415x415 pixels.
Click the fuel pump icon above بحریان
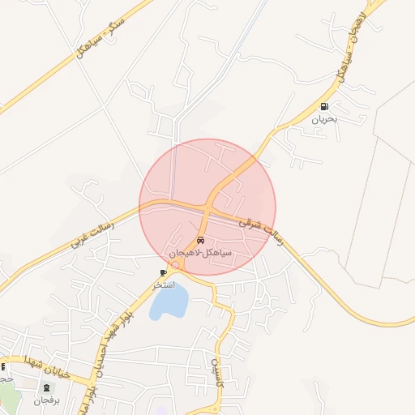tap(325, 106)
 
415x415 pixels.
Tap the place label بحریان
tap(325, 119)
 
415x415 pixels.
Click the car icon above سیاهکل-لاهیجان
tap(200, 241)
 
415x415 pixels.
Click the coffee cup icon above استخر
tap(164, 273)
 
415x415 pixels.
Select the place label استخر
tap(164, 285)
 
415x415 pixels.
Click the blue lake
tap(169, 302)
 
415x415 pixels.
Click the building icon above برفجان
tap(46, 388)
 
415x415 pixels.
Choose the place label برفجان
tap(46, 400)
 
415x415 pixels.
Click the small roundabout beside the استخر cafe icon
tap(175, 265)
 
